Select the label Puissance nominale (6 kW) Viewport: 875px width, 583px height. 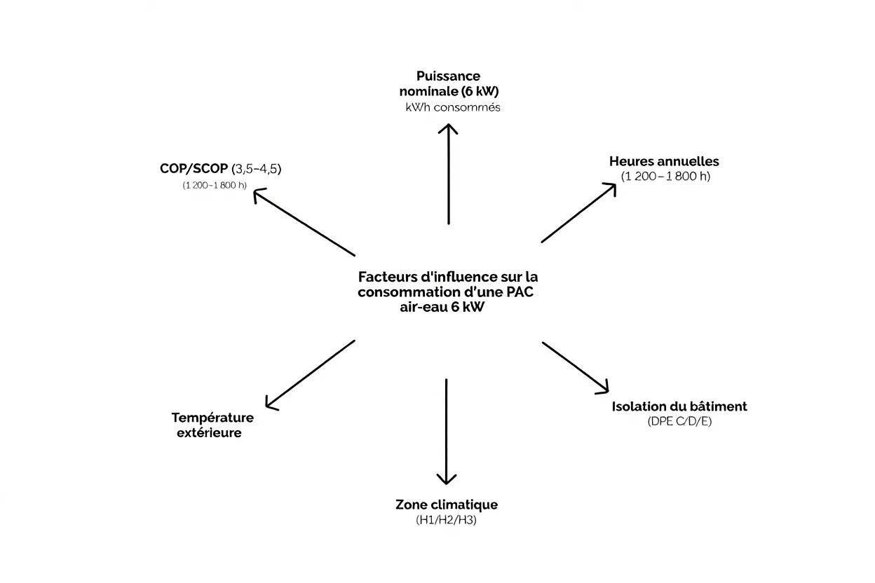tap(449, 83)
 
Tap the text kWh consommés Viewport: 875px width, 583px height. tap(452, 108)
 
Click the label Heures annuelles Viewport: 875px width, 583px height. tap(664, 161)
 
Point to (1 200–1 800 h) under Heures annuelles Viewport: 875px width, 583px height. tap(665, 177)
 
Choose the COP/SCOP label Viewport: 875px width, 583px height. tap(194, 169)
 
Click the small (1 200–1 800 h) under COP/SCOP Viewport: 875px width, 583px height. tap(215, 185)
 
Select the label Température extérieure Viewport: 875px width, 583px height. tap(212, 425)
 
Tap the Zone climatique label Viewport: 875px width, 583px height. tap(447, 505)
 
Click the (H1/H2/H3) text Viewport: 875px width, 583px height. tap(446, 521)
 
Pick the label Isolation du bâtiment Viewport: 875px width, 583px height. tap(679, 406)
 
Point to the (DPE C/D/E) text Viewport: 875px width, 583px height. tap(679, 423)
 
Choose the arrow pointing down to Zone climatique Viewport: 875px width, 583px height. tap(446, 431)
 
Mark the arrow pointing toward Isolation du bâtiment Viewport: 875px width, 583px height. tap(576, 367)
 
